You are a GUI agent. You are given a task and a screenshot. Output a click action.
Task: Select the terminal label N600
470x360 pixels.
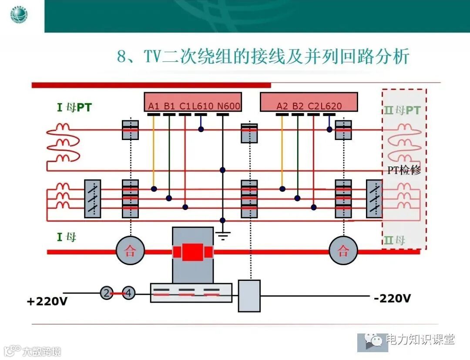coord(229,106)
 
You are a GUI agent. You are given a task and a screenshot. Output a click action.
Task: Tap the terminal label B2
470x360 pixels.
coord(298,106)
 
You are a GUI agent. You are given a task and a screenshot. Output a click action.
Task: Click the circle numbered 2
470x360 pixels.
coord(107,293)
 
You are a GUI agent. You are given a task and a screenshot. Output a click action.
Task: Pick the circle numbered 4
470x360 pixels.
coord(128,293)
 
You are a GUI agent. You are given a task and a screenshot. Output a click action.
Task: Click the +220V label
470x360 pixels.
coord(47,301)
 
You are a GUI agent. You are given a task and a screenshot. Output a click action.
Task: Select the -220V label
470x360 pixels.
coord(392,298)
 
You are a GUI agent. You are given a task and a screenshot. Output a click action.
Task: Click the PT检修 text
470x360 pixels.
coord(404,170)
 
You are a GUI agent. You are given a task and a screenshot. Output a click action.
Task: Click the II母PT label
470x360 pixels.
coord(402,110)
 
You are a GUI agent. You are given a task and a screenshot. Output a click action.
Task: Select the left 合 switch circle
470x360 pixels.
coord(130,251)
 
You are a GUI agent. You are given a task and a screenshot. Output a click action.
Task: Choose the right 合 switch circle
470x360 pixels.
coord(343,251)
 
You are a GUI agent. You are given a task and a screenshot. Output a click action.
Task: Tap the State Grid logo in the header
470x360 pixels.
coord(20,16)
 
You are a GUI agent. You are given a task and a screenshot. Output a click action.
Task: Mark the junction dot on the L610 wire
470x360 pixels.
coord(201,129)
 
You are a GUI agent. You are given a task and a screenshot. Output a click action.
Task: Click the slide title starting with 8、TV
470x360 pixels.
coord(263,57)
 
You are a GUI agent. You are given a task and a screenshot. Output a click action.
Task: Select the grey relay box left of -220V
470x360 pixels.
coord(249,296)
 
